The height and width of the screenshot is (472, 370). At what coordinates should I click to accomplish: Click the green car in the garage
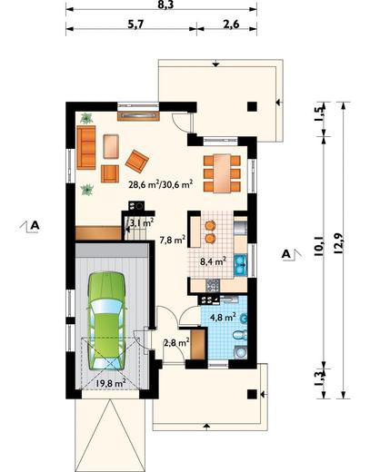[x=106, y=320]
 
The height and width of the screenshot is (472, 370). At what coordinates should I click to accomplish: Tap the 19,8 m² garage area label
[x=111, y=383]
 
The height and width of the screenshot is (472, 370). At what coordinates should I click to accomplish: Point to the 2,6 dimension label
[x=231, y=24]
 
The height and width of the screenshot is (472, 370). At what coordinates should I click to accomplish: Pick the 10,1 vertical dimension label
[x=319, y=246]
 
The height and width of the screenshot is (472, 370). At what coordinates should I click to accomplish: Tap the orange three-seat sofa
[x=86, y=147]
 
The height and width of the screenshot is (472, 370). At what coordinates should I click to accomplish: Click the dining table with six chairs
[x=222, y=173]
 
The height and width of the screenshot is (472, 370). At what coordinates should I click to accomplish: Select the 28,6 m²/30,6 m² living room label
[x=161, y=184]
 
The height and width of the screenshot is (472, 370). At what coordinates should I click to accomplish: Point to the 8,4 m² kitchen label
[x=213, y=261]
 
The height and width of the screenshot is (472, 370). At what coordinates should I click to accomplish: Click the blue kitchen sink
[x=241, y=265]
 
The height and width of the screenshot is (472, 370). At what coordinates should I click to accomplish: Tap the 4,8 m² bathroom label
[x=223, y=318]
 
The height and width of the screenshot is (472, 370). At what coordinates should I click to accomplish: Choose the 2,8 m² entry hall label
[x=176, y=343]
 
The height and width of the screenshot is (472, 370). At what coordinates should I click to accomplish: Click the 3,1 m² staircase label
[x=142, y=223]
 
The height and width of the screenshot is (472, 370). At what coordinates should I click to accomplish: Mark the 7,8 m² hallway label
[x=173, y=240]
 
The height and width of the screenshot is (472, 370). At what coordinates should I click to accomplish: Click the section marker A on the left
[x=35, y=225]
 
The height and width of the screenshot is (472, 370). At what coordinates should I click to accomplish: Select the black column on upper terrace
[x=252, y=106]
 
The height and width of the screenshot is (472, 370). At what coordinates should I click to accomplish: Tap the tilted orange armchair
[x=137, y=161]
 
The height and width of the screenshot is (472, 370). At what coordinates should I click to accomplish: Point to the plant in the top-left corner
[x=86, y=118]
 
